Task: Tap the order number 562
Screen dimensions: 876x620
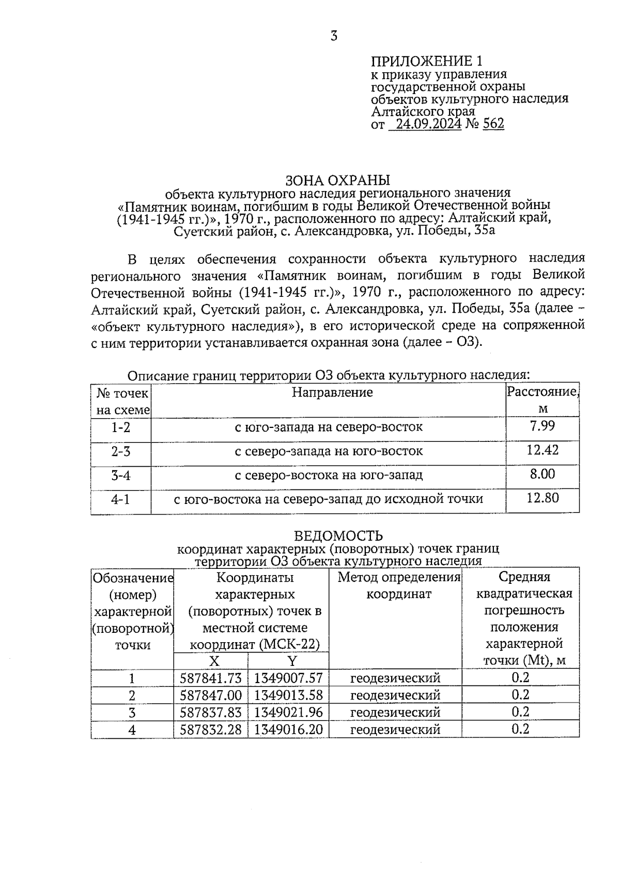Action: [x=493, y=124]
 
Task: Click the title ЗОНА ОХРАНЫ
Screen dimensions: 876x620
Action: [x=337, y=180]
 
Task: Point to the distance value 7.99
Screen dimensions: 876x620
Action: [x=542, y=426]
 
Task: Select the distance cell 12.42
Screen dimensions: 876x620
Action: [x=542, y=450]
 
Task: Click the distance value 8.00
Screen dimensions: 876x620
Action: [x=542, y=474]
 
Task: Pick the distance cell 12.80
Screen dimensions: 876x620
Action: [x=542, y=498]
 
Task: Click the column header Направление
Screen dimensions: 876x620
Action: [x=332, y=392]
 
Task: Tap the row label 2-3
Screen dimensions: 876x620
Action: [x=120, y=451]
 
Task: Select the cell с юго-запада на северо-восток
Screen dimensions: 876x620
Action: [x=329, y=427]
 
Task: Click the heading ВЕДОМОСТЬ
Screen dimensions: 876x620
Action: [x=338, y=535]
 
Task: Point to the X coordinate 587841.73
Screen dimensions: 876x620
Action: [x=210, y=678]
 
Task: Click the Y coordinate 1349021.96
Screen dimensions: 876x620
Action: [x=288, y=712]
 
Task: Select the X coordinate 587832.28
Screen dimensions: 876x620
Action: [x=210, y=729]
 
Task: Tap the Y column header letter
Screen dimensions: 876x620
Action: [x=292, y=661]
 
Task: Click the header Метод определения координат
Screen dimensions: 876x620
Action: [x=399, y=585]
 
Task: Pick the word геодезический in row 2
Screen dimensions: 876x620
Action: [x=395, y=695]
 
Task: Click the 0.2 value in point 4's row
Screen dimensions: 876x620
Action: [x=520, y=729]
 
